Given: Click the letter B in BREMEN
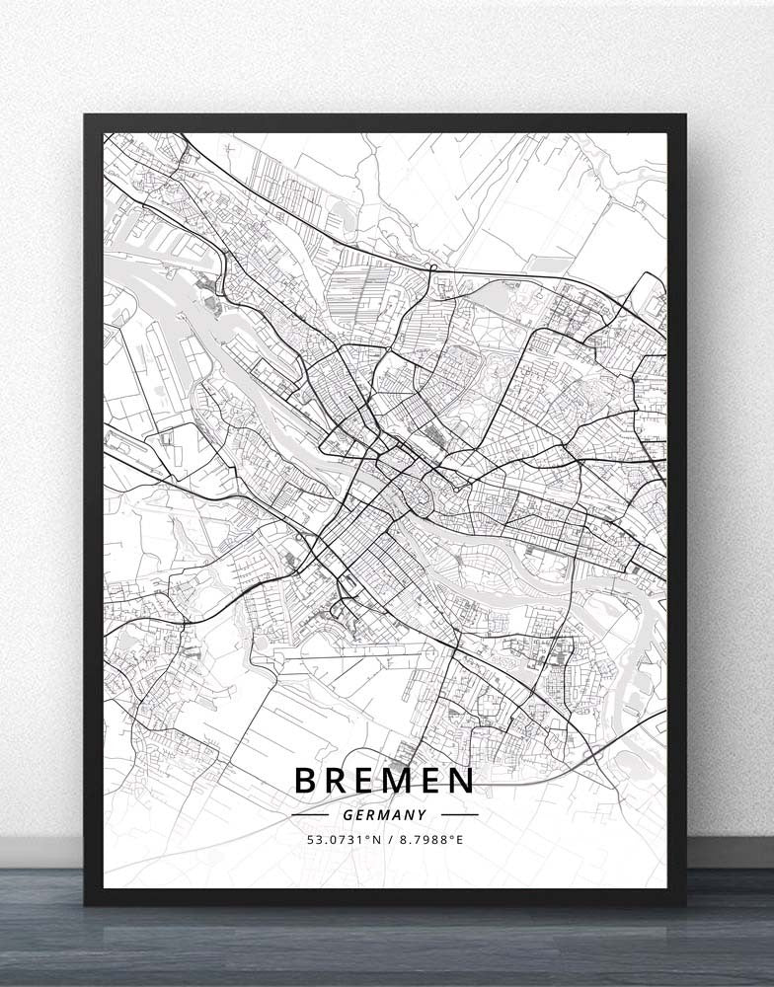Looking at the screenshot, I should [x=306, y=781].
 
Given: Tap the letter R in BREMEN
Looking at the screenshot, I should [x=339, y=781].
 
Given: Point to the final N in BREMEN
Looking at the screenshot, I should [x=461, y=781].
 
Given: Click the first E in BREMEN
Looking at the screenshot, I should [x=368, y=781].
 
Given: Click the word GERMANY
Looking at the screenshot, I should [x=385, y=815].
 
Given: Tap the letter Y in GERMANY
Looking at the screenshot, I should [x=423, y=815].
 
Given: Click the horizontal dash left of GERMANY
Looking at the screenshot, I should [x=310, y=815].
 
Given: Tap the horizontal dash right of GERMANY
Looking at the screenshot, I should [x=459, y=815].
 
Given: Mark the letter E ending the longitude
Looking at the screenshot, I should [x=459, y=840].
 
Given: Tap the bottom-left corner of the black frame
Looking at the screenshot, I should [x=87, y=902].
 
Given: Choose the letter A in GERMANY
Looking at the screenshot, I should [x=398, y=815].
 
